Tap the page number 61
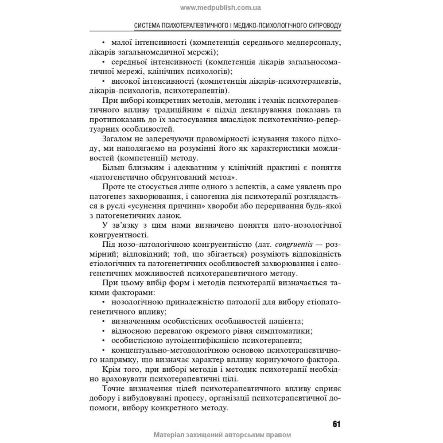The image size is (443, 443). [x=336, y=424]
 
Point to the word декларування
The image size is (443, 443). [x=260, y=110]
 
